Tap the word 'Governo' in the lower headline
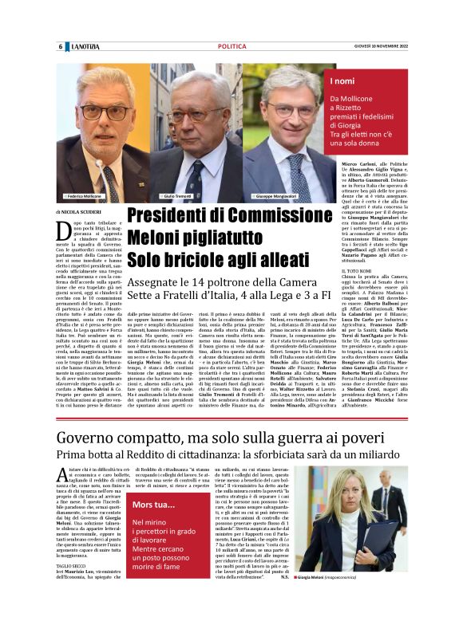point(89,437)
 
